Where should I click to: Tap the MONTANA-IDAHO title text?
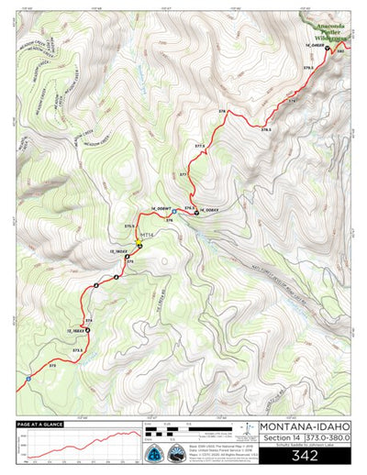(x=305, y=426)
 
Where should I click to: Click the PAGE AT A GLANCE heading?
(x=39, y=424)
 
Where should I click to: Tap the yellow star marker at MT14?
(x=139, y=245)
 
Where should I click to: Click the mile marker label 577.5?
(x=199, y=146)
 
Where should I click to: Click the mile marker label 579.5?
(x=309, y=68)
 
